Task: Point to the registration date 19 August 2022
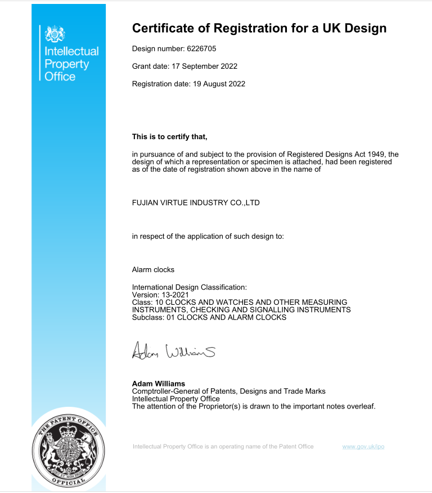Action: click(x=217, y=84)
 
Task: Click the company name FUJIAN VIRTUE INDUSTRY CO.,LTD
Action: click(x=196, y=202)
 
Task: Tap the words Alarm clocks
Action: click(x=153, y=269)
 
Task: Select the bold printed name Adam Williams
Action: click(x=158, y=384)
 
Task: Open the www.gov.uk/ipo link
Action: click(x=363, y=447)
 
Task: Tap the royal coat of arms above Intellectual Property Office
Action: click(x=55, y=34)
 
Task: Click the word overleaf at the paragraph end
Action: click(x=359, y=406)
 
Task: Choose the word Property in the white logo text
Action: click(x=66, y=64)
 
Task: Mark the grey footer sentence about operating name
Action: click(x=223, y=447)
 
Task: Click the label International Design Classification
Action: click(x=189, y=287)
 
